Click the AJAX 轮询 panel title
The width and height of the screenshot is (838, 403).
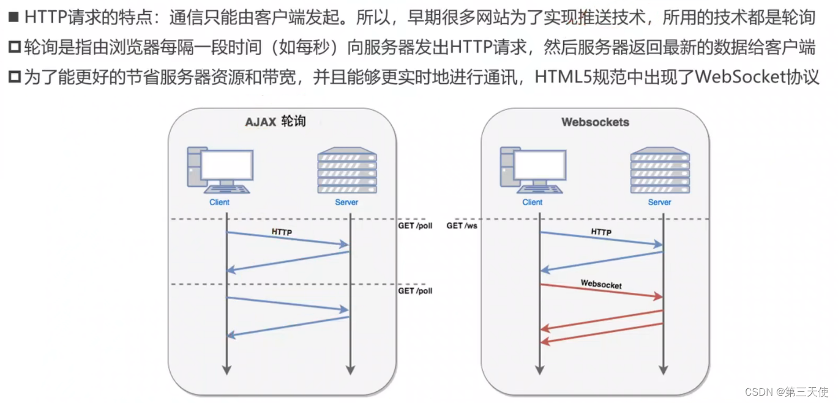pos(275,121)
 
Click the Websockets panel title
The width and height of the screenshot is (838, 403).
pos(595,122)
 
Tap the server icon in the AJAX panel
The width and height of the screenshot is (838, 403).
pos(346,170)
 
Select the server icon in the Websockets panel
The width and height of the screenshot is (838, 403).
pos(660,170)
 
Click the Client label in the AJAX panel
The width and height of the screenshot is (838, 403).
pos(219,202)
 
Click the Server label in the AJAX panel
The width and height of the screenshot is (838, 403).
pos(346,202)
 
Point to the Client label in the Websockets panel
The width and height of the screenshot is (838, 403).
pos(532,202)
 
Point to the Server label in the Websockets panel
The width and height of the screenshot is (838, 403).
pos(659,202)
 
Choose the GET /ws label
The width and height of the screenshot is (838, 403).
pos(462,226)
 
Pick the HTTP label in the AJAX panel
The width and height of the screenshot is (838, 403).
pos(282,232)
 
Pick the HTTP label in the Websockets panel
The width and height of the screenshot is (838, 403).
pos(601,232)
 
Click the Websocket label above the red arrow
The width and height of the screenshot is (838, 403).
pos(601,285)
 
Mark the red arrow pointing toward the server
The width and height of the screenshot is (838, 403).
pos(601,292)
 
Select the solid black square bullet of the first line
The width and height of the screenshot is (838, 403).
pos(13,17)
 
